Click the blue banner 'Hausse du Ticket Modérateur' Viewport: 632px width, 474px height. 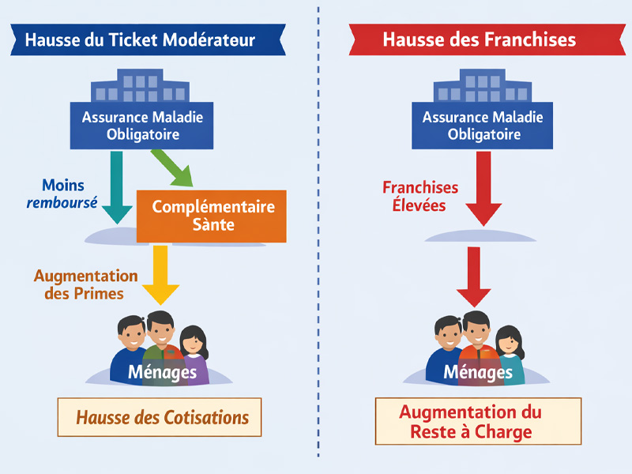pos(140,39)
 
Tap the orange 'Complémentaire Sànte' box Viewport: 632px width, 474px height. pos(213,216)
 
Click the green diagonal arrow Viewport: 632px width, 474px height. pos(176,167)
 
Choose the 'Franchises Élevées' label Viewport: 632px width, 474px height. pos(420,197)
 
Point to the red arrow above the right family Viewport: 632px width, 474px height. pos(473,276)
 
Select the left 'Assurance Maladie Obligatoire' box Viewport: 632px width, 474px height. pos(143,126)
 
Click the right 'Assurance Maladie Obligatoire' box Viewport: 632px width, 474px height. pos(483,126)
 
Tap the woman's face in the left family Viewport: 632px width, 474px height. pos(193,343)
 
